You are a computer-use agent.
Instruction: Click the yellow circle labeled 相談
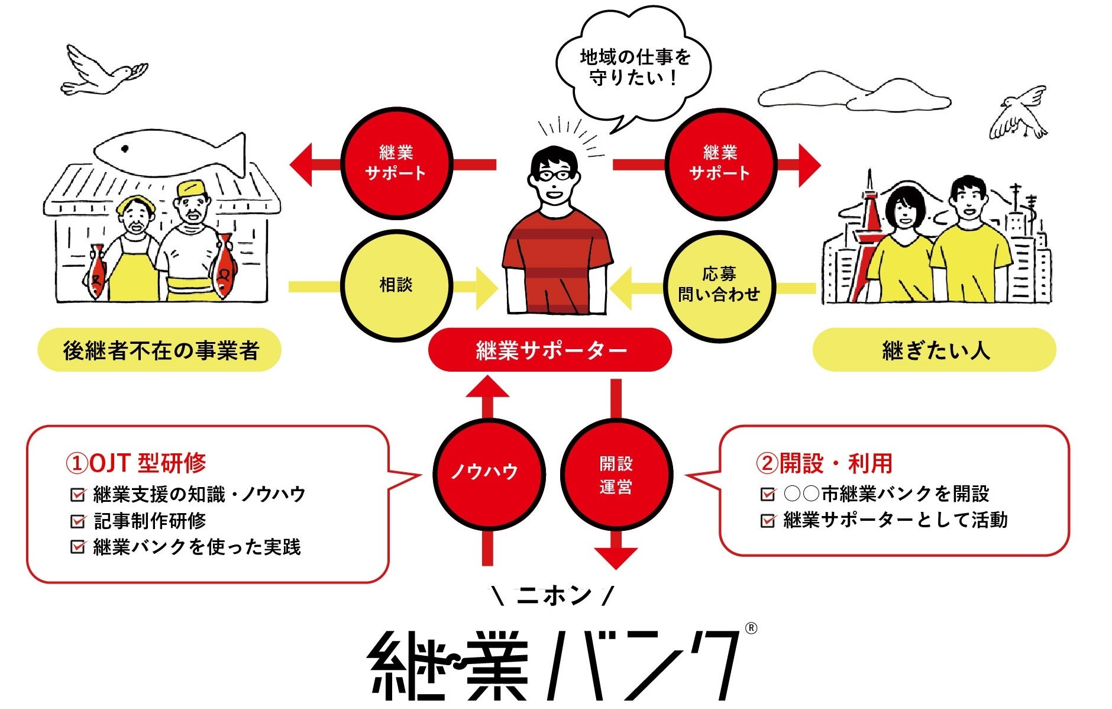point(396,286)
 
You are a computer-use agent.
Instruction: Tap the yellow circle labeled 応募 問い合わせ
point(719,285)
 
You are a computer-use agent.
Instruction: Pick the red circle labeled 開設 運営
point(616,474)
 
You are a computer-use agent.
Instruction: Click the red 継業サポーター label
point(550,350)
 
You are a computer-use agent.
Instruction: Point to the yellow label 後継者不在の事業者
point(160,350)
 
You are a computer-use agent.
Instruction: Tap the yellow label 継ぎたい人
point(935,350)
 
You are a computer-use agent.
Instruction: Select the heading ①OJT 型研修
point(136,463)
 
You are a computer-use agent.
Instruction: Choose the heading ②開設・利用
point(825,463)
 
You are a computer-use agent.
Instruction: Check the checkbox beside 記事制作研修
point(77,521)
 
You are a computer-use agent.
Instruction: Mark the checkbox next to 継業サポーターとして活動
point(768,521)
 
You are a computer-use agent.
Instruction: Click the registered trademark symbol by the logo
point(750,628)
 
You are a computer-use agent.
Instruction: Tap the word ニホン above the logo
point(554,595)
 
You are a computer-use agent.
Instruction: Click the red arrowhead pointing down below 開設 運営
point(616,557)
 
